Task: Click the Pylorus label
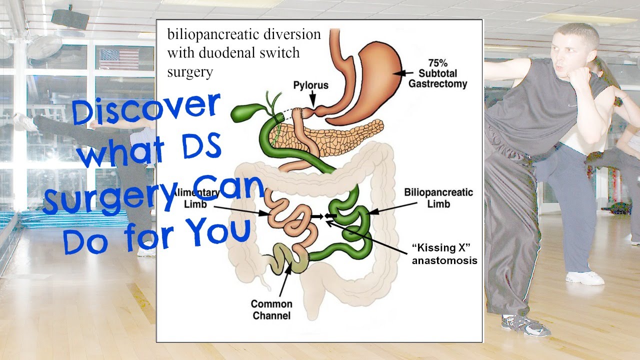click(310, 85)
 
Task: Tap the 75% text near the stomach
click(437, 63)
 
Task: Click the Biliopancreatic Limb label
click(438, 198)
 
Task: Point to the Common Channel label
click(271, 309)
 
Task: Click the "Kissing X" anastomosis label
click(444, 254)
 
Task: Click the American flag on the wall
click(119, 58)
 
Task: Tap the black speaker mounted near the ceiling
click(70, 19)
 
